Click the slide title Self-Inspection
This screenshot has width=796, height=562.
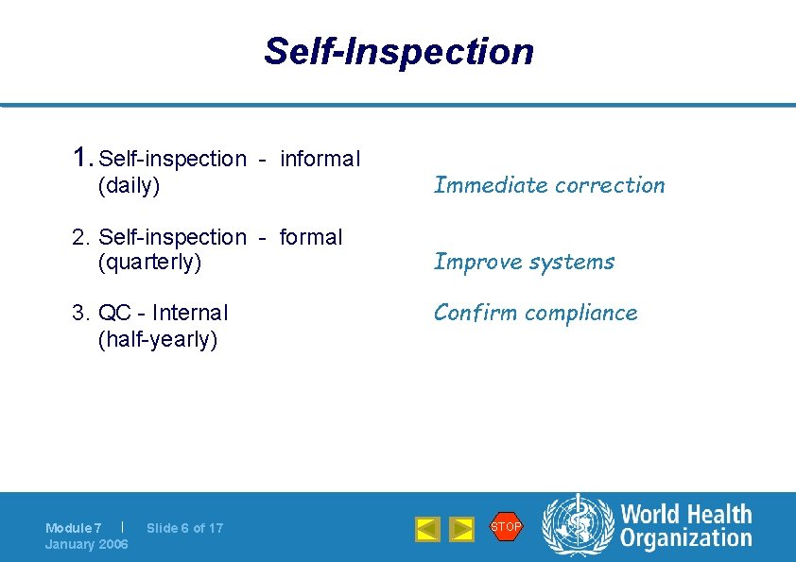(x=398, y=51)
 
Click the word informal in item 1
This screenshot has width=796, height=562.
(x=320, y=159)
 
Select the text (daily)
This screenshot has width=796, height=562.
(x=129, y=185)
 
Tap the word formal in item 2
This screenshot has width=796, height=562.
(x=310, y=237)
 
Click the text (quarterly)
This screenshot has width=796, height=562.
(x=149, y=262)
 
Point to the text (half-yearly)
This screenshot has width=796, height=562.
(x=157, y=339)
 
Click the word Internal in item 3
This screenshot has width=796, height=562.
(x=190, y=313)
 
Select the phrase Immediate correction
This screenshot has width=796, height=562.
(x=549, y=185)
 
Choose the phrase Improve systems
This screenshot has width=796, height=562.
(x=524, y=262)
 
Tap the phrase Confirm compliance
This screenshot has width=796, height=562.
(x=535, y=313)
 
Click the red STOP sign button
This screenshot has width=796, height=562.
(x=506, y=526)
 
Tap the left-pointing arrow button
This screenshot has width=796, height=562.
(x=427, y=529)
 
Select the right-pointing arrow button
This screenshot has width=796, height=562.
(x=461, y=529)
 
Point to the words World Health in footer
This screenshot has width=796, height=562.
(x=685, y=515)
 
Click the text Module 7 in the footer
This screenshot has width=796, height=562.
(x=73, y=528)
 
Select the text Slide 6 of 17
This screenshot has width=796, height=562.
(x=185, y=528)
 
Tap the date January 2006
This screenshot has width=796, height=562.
(x=86, y=544)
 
